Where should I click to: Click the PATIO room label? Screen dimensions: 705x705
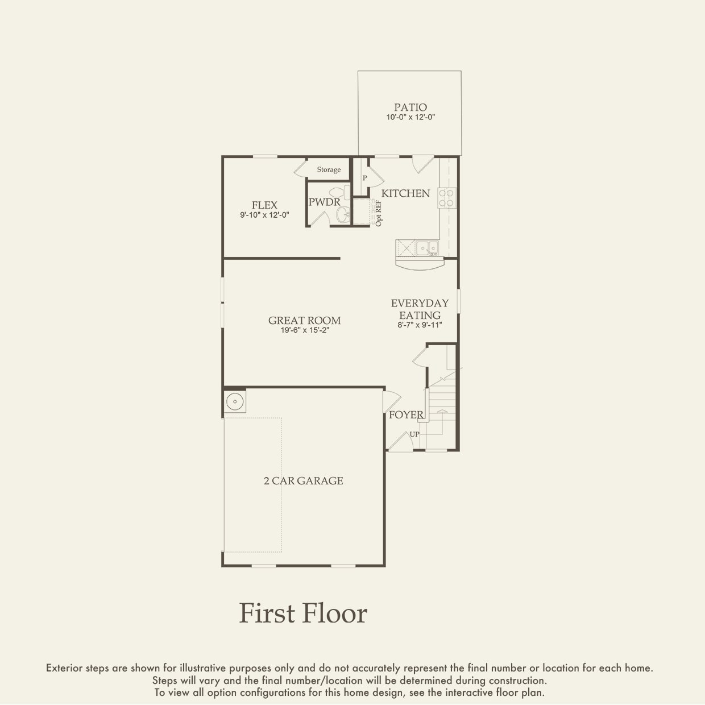tap(410, 107)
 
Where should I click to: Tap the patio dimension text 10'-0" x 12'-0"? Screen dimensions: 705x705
tap(410, 118)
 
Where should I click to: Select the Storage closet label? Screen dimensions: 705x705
tap(329, 169)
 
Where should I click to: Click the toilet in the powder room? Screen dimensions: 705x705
tap(339, 192)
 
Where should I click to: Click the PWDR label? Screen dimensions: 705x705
tap(324, 202)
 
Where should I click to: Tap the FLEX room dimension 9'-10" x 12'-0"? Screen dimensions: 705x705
tap(264, 215)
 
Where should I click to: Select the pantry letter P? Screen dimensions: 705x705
tap(364, 178)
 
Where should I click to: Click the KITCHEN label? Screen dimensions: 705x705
tap(405, 193)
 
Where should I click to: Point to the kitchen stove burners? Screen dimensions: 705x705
tap(446, 198)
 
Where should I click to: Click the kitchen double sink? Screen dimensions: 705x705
tap(428, 248)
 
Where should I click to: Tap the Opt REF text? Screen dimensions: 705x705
tap(378, 213)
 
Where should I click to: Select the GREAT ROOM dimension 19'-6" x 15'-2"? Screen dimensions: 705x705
tap(305, 330)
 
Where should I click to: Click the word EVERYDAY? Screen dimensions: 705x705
tap(420, 303)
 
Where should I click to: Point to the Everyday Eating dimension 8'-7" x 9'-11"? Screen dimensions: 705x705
tap(420, 325)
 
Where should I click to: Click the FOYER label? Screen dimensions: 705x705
tap(406, 414)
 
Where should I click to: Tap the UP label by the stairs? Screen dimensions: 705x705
tap(414, 434)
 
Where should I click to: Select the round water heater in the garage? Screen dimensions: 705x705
tap(235, 401)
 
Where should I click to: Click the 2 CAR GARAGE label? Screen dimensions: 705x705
tap(303, 481)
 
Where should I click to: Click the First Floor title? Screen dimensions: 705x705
tap(303, 613)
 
